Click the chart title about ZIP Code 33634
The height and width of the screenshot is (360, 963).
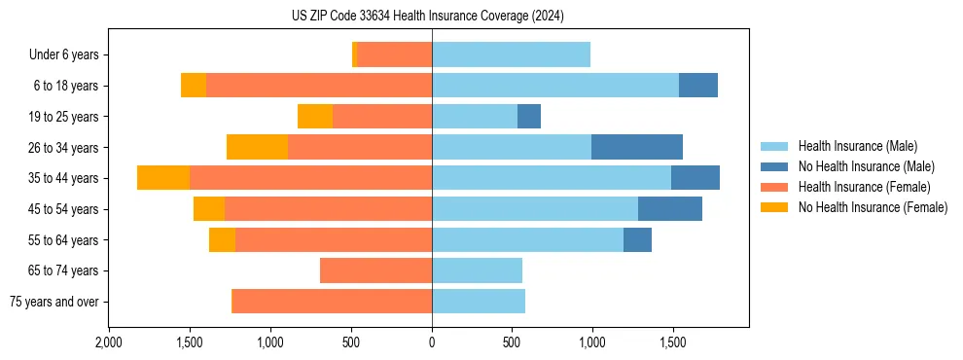pos(427,17)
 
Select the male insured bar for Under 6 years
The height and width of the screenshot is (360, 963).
pos(511,54)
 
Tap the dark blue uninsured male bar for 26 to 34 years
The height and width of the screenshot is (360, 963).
pos(636,147)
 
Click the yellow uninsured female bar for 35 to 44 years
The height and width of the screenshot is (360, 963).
pos(163,178)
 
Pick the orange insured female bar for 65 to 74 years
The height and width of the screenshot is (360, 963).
pos(375,270)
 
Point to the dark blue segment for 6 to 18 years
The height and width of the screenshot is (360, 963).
pos(697,86)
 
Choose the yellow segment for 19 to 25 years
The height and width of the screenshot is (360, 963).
pos(315,117)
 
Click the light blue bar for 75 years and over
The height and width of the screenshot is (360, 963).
pos(479,302)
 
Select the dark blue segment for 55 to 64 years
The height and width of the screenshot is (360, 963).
pos(637,239)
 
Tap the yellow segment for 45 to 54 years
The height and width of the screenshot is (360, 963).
pos(209,209)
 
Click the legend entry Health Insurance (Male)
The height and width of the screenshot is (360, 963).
pos(857,146)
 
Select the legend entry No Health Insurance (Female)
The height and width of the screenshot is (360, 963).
pos(873,207)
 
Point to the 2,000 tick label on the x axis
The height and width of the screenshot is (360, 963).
pos(108,342)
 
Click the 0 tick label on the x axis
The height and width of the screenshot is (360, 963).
pos(432,342)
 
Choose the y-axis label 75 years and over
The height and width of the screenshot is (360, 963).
pos(53,302)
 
